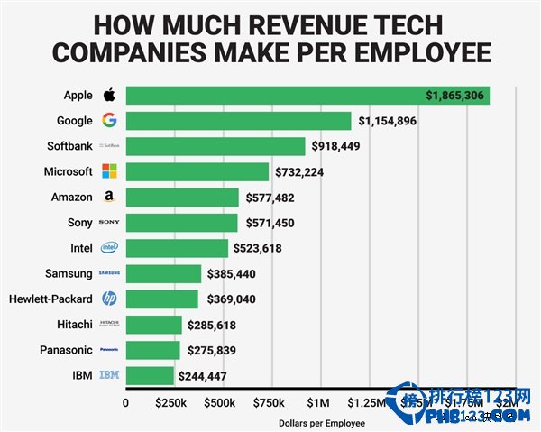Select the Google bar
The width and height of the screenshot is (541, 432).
click(238, 120)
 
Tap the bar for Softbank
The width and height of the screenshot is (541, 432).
click(215, 145)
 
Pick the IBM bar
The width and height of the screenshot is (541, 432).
click(150, 375)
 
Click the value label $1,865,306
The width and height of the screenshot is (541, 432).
click(455, 95)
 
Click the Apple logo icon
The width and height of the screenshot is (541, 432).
click(109, 95)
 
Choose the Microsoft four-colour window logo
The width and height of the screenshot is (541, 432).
click(109, 171)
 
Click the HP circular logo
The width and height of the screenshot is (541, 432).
click(109, 299)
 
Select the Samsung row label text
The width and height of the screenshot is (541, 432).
click(69, 273)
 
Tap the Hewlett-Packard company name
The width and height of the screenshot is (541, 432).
click(50, 299)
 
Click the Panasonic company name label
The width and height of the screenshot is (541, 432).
click(66, 350)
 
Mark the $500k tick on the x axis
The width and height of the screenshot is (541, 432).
click(221, 402)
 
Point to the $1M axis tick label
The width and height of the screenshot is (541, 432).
click(318, 402)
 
